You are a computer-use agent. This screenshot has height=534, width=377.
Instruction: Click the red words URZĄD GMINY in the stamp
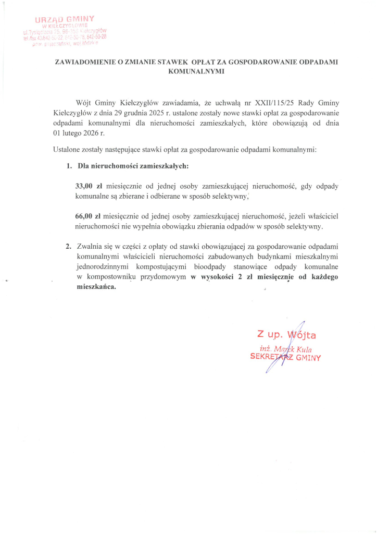click(71, 19)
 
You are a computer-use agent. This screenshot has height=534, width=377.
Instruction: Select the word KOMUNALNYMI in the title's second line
click(196, 71)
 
